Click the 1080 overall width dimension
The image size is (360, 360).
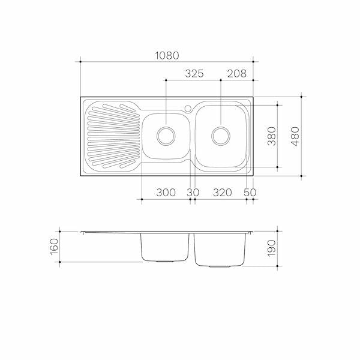pyautogui.click(x=167, y=56)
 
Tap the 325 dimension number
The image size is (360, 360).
pyautogui.click(x=194, y=74)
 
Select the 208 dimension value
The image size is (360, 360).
pyautogui.click(x=237, y=74)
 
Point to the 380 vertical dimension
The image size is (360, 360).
pyautogui.click(x=272, y=136)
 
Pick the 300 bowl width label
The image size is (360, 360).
pyautogui.click(x=166, y=193)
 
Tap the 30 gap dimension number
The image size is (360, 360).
pyautogui.click(x=193, y=193)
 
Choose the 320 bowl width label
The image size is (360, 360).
pyautogui.click(x=222, y=193)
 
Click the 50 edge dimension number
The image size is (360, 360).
pyautogui.click(x=250, y=193)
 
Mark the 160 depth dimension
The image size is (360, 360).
pyautogui.click(x=55, y=247)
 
